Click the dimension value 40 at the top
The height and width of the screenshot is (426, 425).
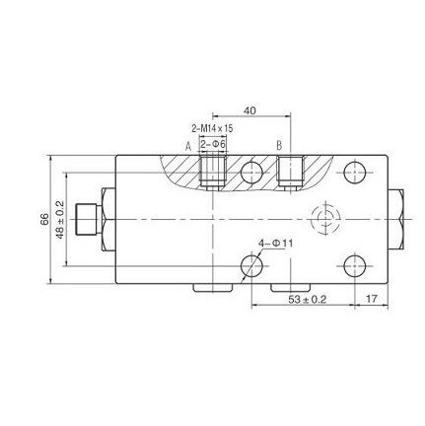coord(249,110)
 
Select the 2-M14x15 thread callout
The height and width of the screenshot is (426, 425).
coord(212,128)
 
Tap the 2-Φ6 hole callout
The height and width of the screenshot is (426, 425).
coord(213,144)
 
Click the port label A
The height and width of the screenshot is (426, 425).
coord(189,145)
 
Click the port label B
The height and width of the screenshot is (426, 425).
coord(279,145)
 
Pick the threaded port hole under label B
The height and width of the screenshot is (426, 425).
coord(289,172)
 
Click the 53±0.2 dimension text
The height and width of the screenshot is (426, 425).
coord(308,298)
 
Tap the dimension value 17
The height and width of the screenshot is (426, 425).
coord(372,298)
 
